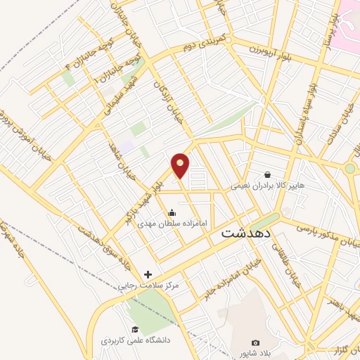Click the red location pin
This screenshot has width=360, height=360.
tap(181, 165)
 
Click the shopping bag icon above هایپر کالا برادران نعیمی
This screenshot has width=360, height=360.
tap(268, 175)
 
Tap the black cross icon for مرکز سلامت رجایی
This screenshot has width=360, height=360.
tap(148, 274)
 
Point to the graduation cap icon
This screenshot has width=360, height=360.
tap(134, 330)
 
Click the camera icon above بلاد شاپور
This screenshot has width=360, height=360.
tap(255, 342)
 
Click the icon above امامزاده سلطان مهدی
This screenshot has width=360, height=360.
tap(172, 213)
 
